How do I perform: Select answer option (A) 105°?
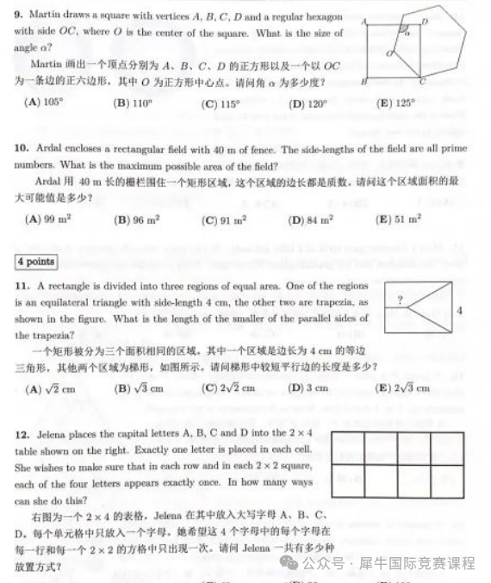point(46,102)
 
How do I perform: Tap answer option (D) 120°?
point(309,102)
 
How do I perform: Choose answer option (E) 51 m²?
point(398,220)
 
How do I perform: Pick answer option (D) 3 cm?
point(308,388)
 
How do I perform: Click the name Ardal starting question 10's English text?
point(53,149)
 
